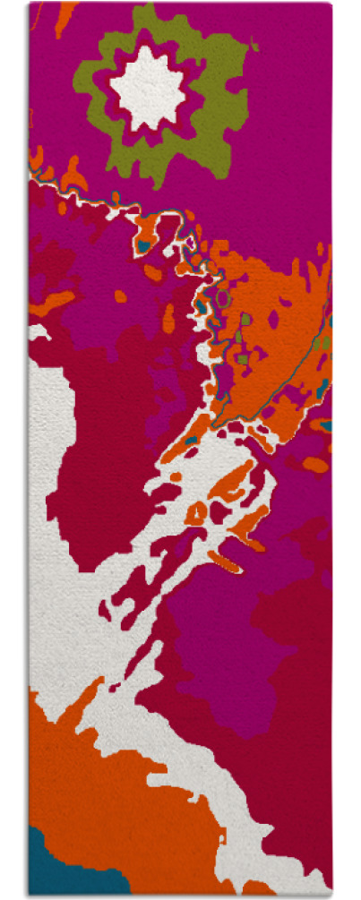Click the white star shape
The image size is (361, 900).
(147, 90)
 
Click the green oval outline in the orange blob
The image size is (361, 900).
(223, 296)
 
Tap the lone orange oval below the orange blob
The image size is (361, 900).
(315, 464)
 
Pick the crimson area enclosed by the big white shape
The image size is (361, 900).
(99, 466)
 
